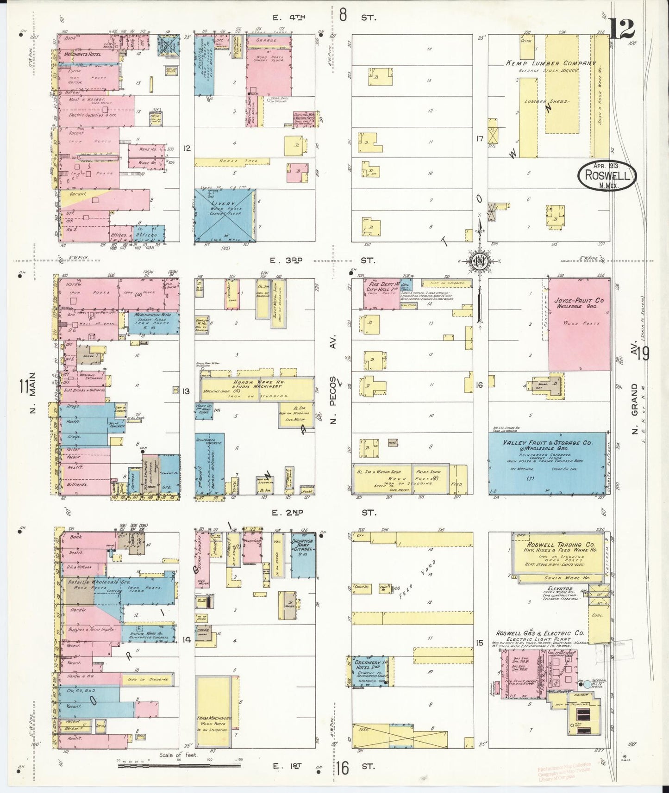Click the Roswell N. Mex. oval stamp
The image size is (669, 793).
pos(606,175)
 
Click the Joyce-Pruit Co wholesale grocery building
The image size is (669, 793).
pos(576,324)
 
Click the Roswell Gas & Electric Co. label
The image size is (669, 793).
pos(540,633)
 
